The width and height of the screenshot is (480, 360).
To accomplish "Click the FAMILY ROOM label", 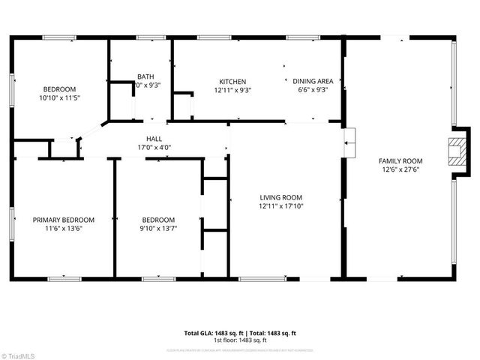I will point(400,161).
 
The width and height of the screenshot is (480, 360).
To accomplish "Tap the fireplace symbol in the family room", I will point(455,151).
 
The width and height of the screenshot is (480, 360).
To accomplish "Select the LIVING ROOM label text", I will point(280,197).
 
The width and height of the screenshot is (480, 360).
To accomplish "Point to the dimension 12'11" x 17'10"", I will point(280,206).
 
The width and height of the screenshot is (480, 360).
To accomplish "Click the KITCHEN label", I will point(232,82).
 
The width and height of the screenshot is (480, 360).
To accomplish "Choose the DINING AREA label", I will point(313,82).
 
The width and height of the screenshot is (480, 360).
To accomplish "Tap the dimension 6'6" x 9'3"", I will point(313,91).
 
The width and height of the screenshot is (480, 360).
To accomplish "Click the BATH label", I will point(145,76).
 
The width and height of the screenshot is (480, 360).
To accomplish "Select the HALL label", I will point(154,139).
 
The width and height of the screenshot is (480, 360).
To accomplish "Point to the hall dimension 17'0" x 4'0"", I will point(154,148).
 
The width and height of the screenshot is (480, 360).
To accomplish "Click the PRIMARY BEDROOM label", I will point(64,220).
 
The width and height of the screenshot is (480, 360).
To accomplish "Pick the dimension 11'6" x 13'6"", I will point(64,229).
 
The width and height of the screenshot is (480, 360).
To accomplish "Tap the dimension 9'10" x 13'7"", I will point(158,229).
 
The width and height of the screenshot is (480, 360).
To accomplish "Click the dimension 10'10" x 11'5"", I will point(58,97).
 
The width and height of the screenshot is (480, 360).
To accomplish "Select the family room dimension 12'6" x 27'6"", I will point(400,170).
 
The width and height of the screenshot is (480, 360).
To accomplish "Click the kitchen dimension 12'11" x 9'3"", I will point(232,91).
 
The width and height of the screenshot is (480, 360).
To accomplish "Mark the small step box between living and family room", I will point(349,142).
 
